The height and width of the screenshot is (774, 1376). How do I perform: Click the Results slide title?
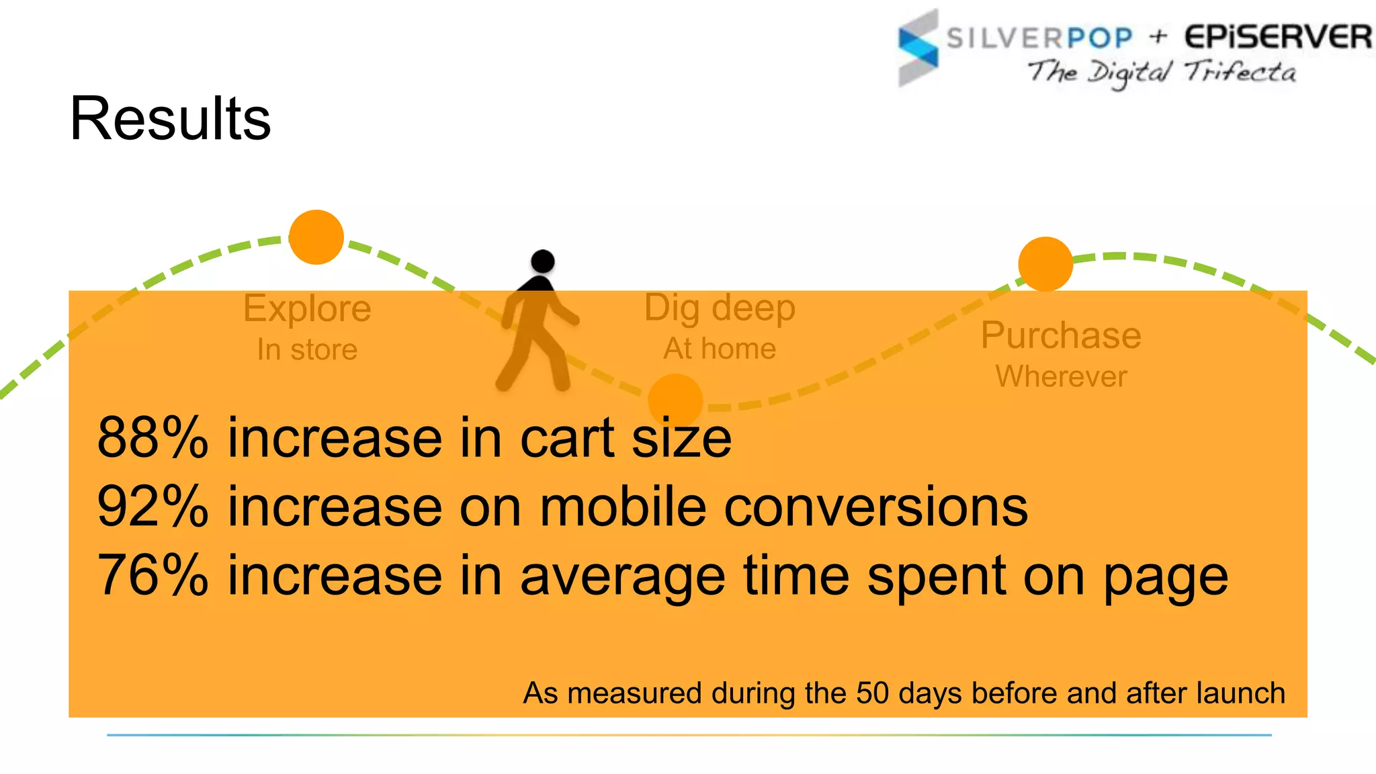click(170, 118)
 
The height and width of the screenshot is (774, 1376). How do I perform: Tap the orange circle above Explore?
click(316, 237)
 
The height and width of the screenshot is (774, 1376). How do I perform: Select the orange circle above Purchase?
click(1045, 264)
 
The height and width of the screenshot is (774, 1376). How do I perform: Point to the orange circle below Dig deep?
click(675, 400)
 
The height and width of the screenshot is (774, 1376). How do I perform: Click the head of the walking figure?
click(542, 261)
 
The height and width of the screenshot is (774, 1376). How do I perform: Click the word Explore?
click(307, 308)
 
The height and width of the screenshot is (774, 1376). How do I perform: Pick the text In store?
click(307, 349)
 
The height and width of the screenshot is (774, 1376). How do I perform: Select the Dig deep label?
click(720, 308)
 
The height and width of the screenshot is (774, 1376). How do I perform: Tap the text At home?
click(720, 349)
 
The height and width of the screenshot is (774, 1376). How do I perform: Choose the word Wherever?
click(1061, 376)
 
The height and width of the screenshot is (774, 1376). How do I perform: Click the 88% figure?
click(153, 438)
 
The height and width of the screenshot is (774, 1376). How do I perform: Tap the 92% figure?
click(153, 507)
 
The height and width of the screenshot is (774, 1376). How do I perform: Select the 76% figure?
click(153, 575)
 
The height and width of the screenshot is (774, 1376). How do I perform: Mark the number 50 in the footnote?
click(872, 693)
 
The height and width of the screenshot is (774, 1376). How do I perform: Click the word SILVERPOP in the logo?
click(1039, 38)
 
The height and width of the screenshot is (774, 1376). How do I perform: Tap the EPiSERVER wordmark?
click(1277, 36)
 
